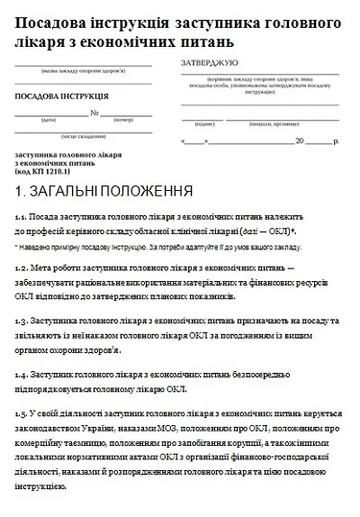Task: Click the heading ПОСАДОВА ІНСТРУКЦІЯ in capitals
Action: coord(61,95)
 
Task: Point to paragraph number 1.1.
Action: coord(21,218)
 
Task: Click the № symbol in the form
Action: coord(94,113)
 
